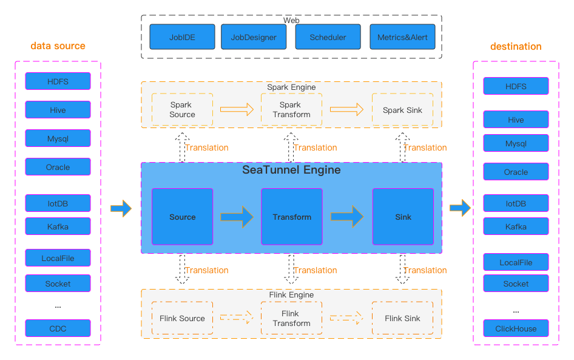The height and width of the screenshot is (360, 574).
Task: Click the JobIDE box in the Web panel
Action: click(182, 37)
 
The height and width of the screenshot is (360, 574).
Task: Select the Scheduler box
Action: click(328, 37)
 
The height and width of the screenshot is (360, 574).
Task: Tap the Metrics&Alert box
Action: click(402, 37)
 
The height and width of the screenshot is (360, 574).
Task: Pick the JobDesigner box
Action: click(254, 37)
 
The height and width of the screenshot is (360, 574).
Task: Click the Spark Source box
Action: click(182, 110)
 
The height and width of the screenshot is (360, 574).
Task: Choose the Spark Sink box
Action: click(402, 110)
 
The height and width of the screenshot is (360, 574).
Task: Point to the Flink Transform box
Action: click(291, 318)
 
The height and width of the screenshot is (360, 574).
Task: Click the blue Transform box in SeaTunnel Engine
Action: click(292, 217)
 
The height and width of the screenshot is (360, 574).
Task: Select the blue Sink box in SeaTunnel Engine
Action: click(403, 217)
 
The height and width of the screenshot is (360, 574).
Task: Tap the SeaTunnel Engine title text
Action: click(291, 170)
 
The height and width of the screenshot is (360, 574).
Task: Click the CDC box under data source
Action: click(58, 328)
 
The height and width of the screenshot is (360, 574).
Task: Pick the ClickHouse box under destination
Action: click(516, 328)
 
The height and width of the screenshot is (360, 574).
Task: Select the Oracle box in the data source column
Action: click(58, 167)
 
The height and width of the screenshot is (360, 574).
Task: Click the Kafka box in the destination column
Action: click(516, 226)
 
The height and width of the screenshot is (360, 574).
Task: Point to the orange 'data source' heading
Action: click(58, 46)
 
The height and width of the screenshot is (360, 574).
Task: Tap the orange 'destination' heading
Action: click(516, 46)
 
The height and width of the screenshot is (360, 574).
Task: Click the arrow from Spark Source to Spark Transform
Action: click(237, 110)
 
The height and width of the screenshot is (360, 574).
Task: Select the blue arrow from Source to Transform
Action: click(237, 217)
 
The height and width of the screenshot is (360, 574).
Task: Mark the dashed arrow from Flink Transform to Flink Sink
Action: click(346, 318)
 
